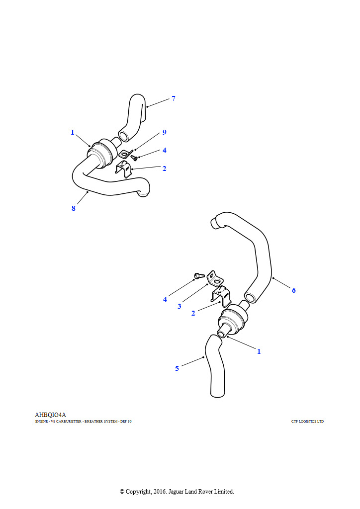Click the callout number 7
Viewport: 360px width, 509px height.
point(174,98)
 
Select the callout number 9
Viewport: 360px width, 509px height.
point(165,132)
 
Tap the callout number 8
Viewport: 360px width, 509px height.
point(74,208)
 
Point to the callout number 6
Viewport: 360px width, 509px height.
point(294,290)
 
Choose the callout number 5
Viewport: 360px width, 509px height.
point(177,368)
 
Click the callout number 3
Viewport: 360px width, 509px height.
point(179,306)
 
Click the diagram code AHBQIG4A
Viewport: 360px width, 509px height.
point(50,415)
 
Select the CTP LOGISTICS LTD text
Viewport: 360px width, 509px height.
point(307,422)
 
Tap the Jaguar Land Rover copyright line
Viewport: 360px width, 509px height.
point(177,492)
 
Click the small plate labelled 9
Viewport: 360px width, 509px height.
point(126,153)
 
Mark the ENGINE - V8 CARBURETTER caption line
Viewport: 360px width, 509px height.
point(84,422)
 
